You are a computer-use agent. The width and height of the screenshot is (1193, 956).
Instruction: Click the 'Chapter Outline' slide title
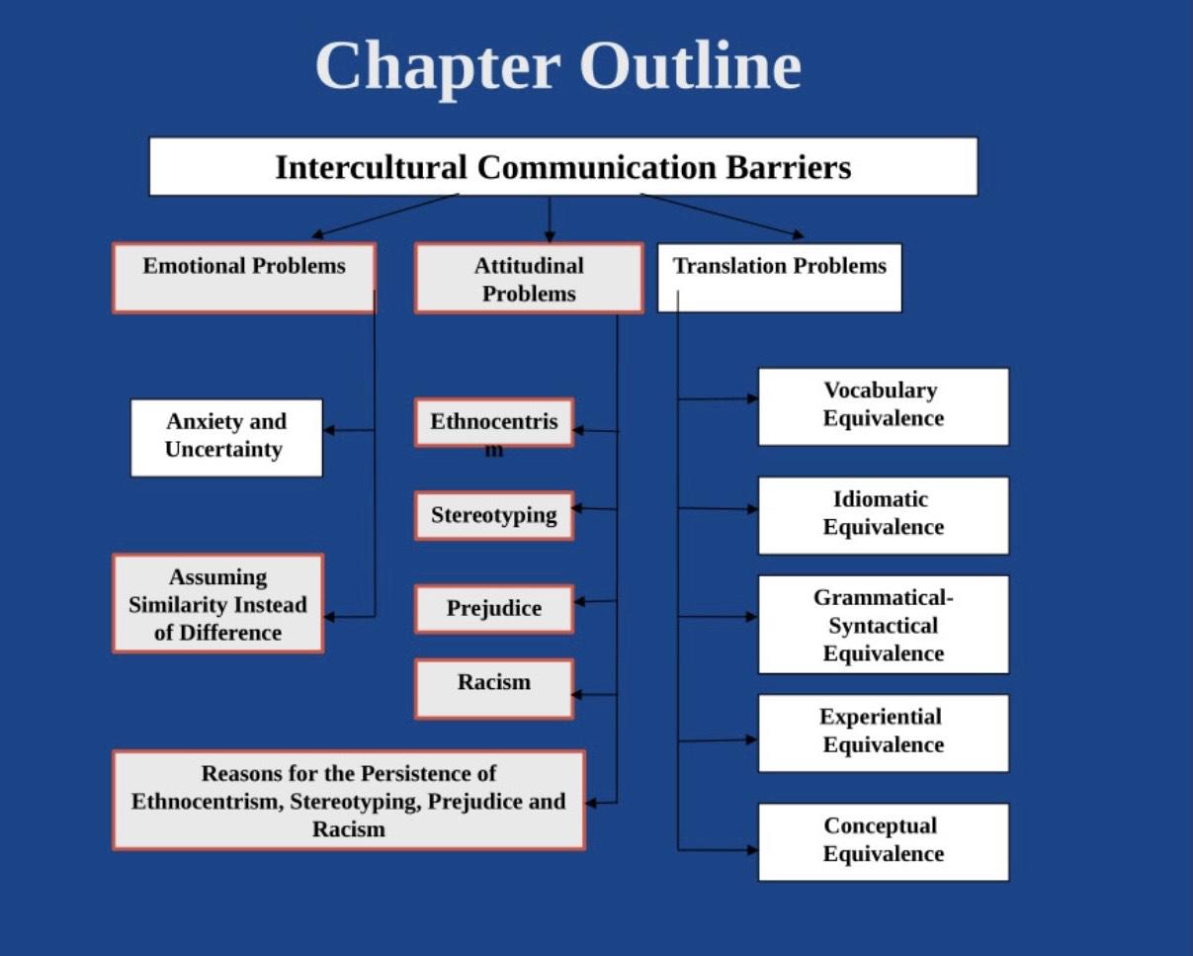[558, 67]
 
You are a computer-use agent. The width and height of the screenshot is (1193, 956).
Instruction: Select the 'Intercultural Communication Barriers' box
[563, 166]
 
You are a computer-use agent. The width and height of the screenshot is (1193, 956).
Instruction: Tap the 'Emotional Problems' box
[244, 278]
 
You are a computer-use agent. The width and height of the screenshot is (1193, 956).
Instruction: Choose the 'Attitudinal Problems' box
[529, 278]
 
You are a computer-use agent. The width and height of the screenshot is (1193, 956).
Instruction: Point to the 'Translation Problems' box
[780, 278]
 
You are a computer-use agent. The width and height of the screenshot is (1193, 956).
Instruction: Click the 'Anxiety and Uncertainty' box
[226, 438]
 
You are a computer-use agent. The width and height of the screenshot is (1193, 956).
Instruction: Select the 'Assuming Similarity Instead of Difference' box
[217, 603]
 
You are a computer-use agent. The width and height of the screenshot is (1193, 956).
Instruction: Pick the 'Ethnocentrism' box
[494, 422]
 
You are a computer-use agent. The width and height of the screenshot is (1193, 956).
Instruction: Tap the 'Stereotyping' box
[494, 515]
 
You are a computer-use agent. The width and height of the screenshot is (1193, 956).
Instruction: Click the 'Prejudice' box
[494, 608]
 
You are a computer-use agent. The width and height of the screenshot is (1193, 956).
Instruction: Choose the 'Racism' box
[494, 689]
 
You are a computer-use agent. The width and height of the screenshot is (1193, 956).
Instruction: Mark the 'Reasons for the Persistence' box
[349, 800]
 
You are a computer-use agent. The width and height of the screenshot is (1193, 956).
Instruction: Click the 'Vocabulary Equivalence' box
[884, 406]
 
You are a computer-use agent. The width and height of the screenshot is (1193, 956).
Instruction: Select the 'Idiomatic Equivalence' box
[884, 515]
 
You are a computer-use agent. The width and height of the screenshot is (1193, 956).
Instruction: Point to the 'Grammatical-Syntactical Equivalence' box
[884, 625]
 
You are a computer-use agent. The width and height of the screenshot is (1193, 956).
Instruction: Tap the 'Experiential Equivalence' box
[884, 734]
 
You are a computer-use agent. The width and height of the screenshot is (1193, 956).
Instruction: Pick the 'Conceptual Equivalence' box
[884, 841]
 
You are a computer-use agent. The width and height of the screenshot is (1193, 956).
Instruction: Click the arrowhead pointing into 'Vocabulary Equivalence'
[753, 398]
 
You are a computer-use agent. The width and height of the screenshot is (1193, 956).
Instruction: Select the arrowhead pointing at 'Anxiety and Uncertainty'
[329, 430]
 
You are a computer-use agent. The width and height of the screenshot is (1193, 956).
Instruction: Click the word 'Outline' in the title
[691, 66]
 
